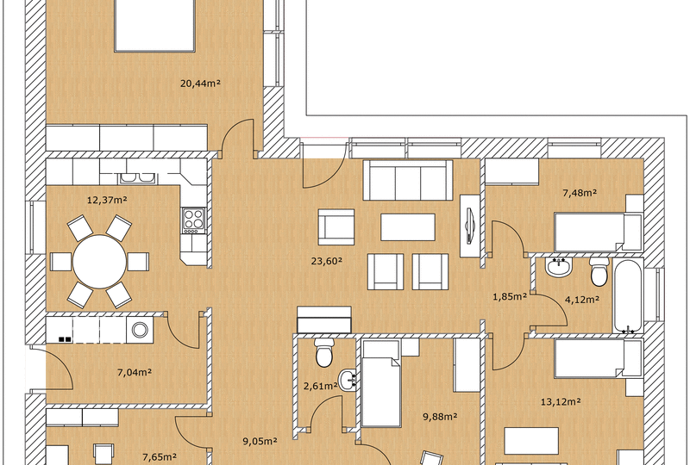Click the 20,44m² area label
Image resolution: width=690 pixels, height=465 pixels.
pos(200,84)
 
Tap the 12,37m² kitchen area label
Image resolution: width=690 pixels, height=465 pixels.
pos(107,201)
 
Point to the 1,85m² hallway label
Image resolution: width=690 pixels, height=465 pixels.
pos(509,297)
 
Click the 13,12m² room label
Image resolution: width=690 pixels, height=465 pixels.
pos(561,400)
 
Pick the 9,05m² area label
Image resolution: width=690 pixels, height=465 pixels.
pos(259,441)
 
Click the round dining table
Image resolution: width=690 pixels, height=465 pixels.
pos(98,262)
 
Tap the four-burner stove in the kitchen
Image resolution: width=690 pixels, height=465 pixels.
pos(192,220)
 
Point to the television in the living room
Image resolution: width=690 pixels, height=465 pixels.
pos(470,223)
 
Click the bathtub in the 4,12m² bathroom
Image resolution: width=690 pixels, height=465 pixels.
pos(628,296)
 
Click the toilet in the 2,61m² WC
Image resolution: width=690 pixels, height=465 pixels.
pos(325,353)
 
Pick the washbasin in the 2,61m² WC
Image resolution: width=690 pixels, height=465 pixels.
pos(348,379)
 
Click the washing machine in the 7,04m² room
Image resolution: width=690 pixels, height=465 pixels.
pos(140,329)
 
